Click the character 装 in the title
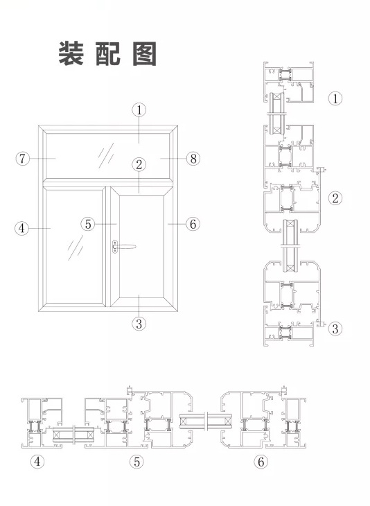tap(71, 53)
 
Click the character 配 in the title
tap(108, 53)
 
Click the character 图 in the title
tap(145, 53)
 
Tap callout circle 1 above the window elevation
tap(139, 110)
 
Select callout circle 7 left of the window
tap(22, 159)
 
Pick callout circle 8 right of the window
tap(193, 159)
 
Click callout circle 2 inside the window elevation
tap(139, 164)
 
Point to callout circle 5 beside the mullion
tap(88, 224)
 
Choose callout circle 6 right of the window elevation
tap(193, 224)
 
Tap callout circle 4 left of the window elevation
tap(21, 229)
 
